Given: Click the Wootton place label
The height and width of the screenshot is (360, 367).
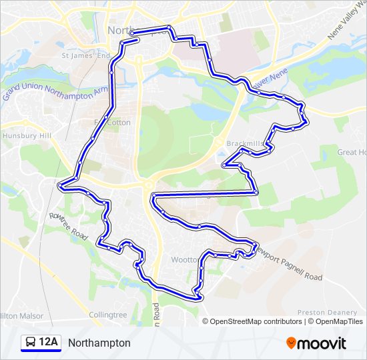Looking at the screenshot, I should [183, 259].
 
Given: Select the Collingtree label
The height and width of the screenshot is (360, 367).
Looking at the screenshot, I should [108, 315].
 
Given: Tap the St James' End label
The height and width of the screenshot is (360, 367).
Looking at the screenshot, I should [85, 56].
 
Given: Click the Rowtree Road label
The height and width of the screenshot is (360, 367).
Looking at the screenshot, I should [68, 226].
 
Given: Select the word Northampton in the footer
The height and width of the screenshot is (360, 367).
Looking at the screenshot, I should [99, 343].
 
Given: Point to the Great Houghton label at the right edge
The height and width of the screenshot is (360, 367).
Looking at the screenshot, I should [351, 153].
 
